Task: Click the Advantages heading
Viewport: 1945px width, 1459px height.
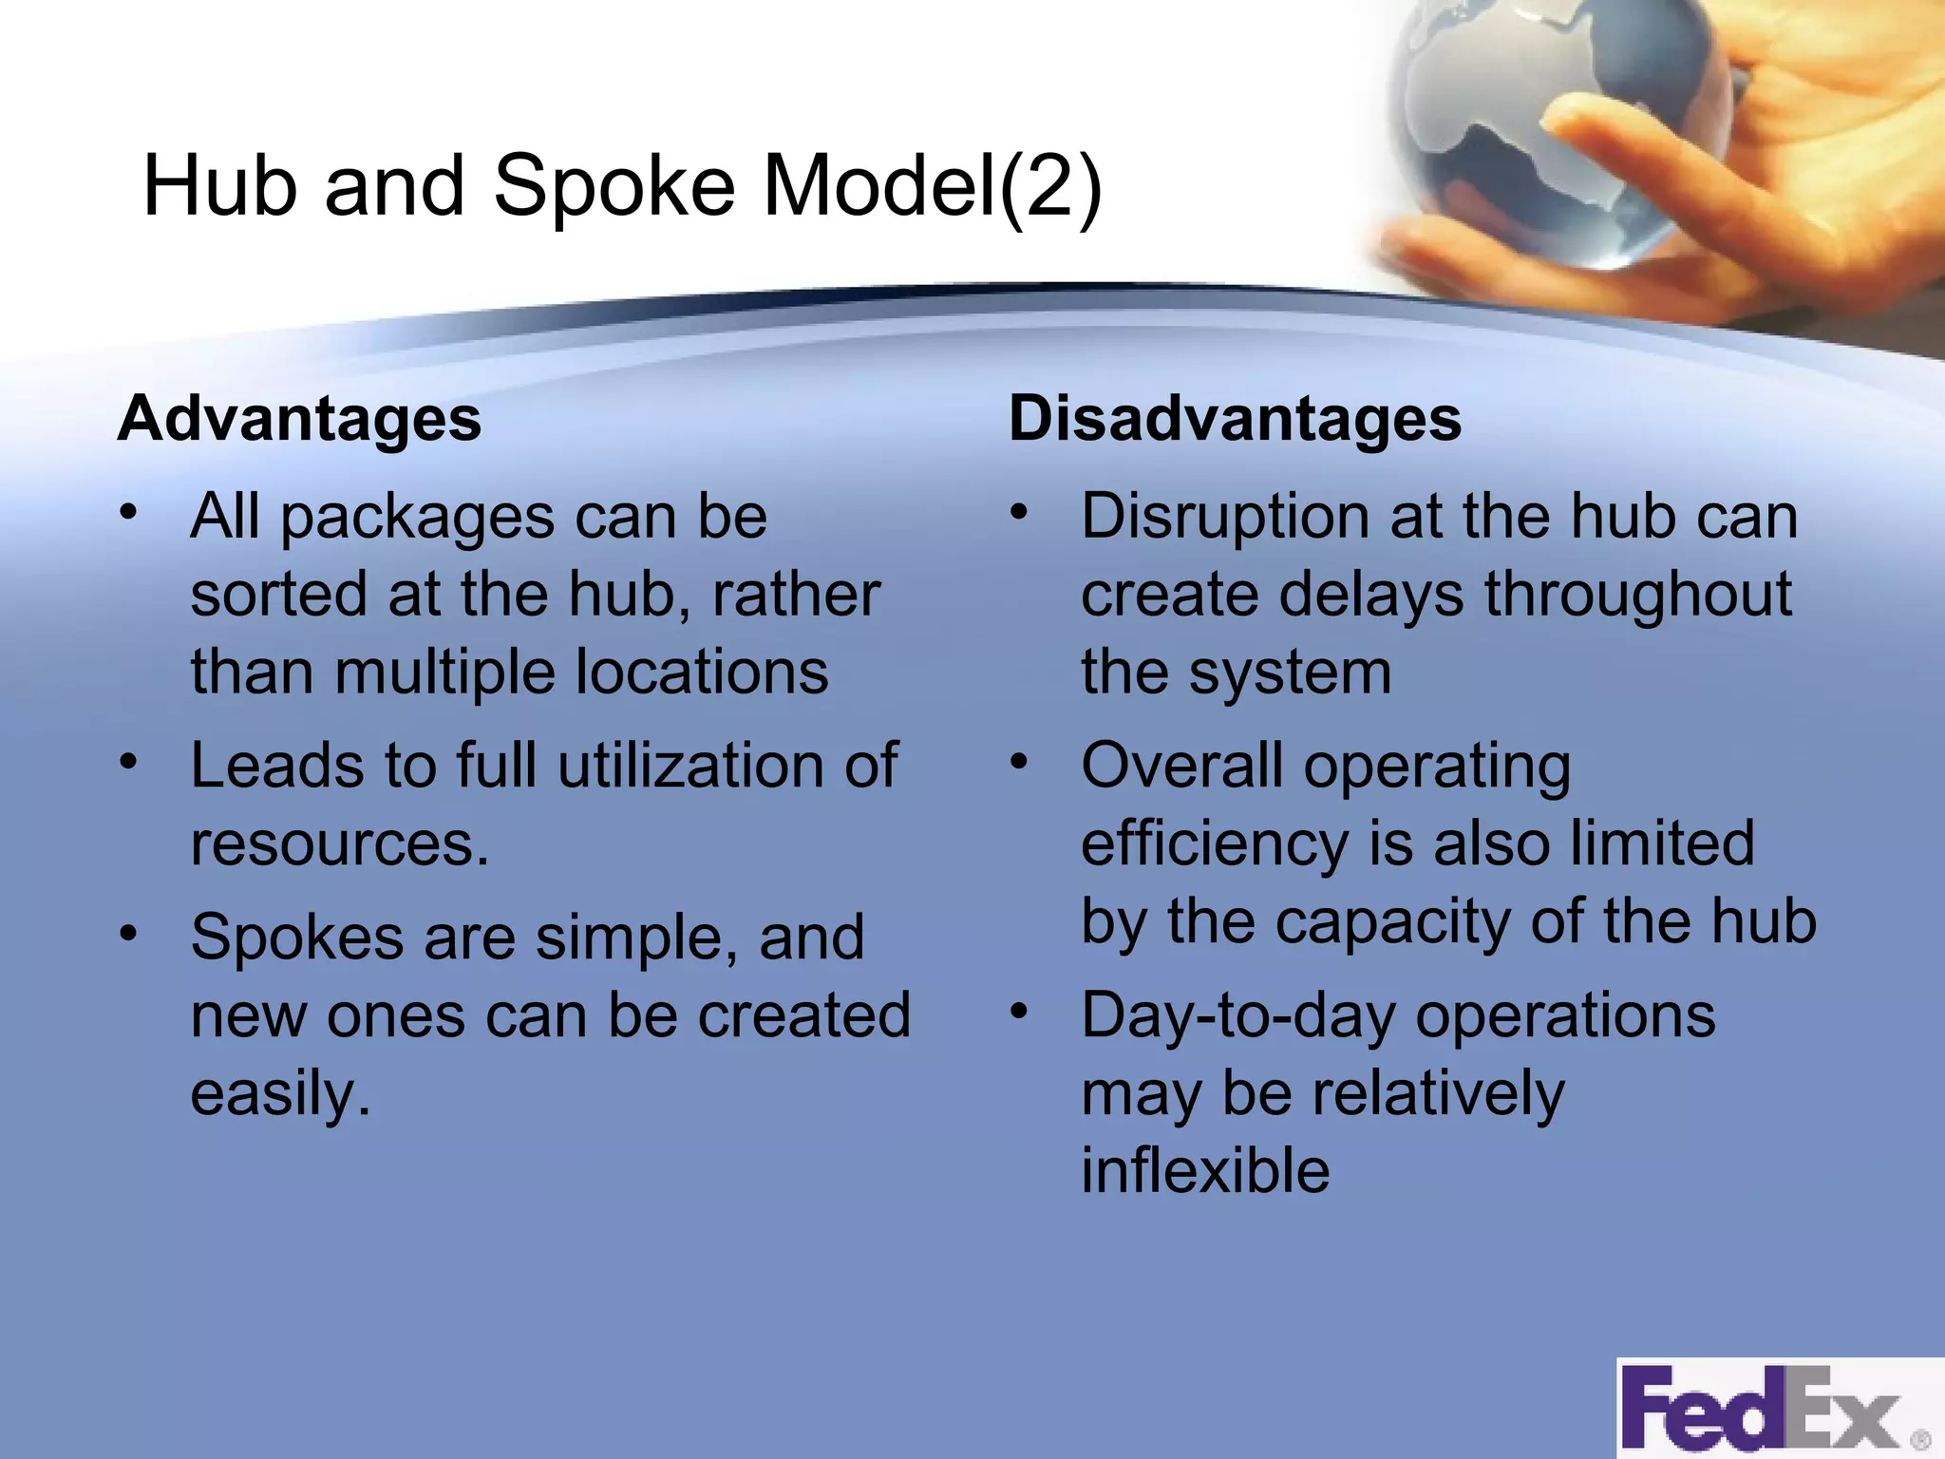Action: click(x=299, y=419)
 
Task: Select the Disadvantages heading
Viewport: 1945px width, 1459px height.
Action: click(x=1235, y=419)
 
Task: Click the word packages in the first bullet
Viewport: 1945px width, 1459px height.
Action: click(x=418, y=519)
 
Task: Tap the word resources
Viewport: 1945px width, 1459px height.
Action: click(x=339, y=844)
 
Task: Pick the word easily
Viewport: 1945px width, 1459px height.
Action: click(x=279, y=1094)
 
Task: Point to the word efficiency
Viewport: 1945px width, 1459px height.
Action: click(x=1214, y=844)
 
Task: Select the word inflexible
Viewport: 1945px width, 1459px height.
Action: click(x=1205, y=1170)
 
